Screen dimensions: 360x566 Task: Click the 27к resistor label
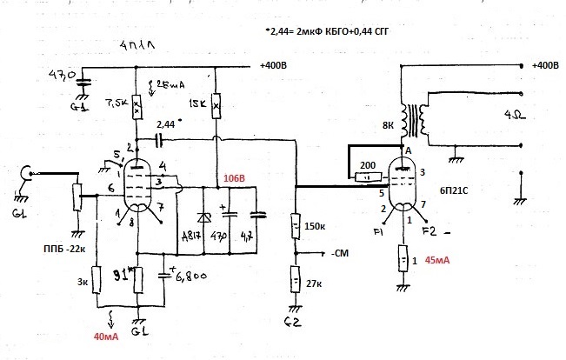point(315,284)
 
